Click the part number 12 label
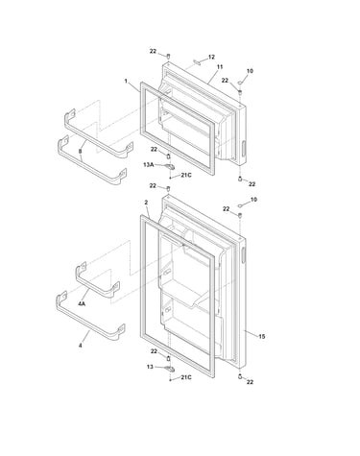(x=211, y=57)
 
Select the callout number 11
(x=220, y=67)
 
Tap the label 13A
(x=149, y=165)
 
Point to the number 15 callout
(x=262, y=336)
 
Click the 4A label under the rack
(x=82, y=303)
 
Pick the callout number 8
(x=80, y=151)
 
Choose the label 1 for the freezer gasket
(x=126, y=82)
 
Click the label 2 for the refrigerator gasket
(x=146, y=203)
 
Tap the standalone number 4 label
(x=80, y=346)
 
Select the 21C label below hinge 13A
(x=186, y=175)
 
